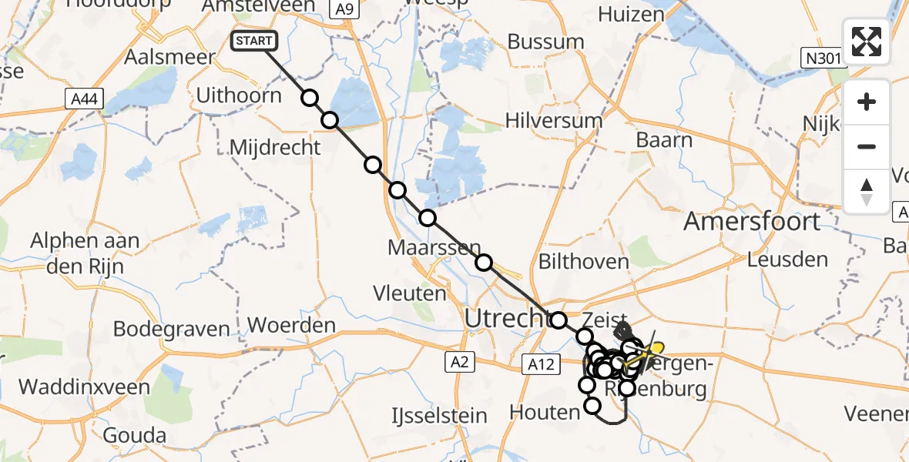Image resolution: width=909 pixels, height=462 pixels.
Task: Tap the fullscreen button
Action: coord(867,42)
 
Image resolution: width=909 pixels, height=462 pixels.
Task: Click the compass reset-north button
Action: coord(867,191)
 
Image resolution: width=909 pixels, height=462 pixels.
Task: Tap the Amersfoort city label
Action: coord(752,222)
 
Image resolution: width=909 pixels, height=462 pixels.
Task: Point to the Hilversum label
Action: coord(553,120)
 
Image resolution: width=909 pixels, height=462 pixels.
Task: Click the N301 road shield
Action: coord(824,57)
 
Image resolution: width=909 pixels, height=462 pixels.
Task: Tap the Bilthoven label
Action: coord(583,261)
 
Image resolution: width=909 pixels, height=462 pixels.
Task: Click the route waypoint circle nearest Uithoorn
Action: coord(310,98)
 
